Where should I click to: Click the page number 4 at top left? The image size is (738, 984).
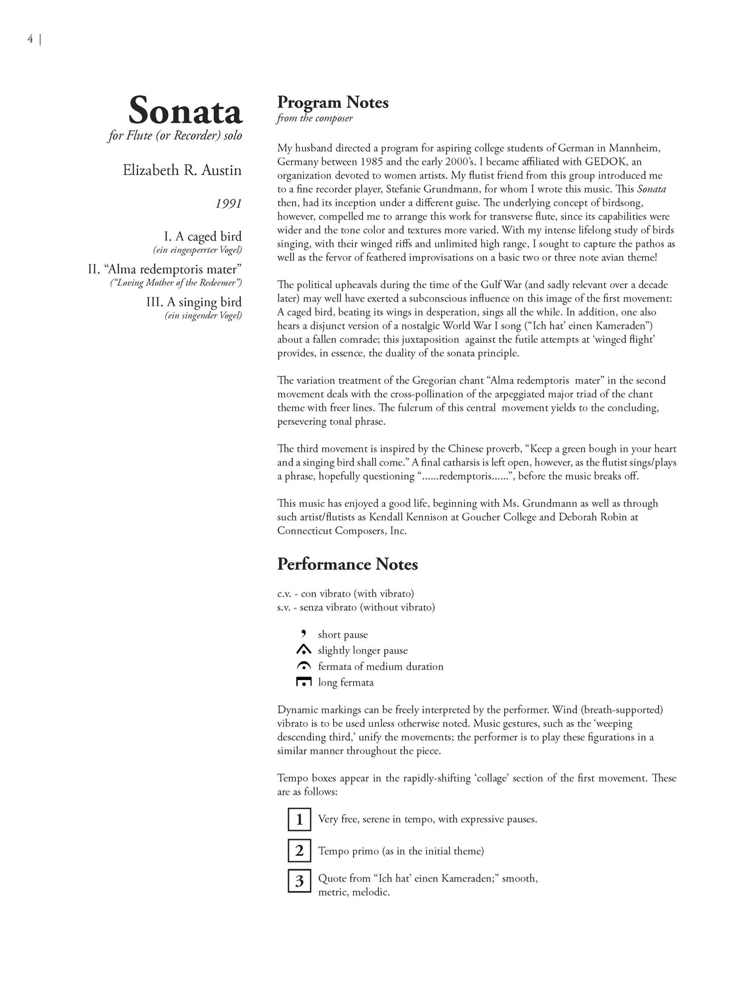pos(30,40)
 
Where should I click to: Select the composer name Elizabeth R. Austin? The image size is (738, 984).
pos(182,170)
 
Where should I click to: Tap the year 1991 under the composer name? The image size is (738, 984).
pos(228,203)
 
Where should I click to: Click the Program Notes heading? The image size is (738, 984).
pos(333,102)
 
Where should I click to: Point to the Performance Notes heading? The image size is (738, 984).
pos(347,564)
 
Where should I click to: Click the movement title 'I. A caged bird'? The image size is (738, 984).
pos(202,236)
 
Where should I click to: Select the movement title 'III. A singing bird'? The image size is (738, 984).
pos(194,302)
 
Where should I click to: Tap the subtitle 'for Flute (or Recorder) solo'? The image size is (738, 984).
pos(175,136)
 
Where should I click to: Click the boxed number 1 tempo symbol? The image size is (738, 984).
pos(299,819)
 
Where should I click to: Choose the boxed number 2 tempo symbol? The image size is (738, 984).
pos(299,851)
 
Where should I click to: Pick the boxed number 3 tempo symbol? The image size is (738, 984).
pos(299,881)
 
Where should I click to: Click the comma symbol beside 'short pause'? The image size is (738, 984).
pos(303,633)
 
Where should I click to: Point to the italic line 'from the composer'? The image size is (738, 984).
pos(314,119)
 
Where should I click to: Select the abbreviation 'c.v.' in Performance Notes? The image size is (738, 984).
pos(285,593)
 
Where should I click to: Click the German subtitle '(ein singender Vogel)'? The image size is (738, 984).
pos(203,315)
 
